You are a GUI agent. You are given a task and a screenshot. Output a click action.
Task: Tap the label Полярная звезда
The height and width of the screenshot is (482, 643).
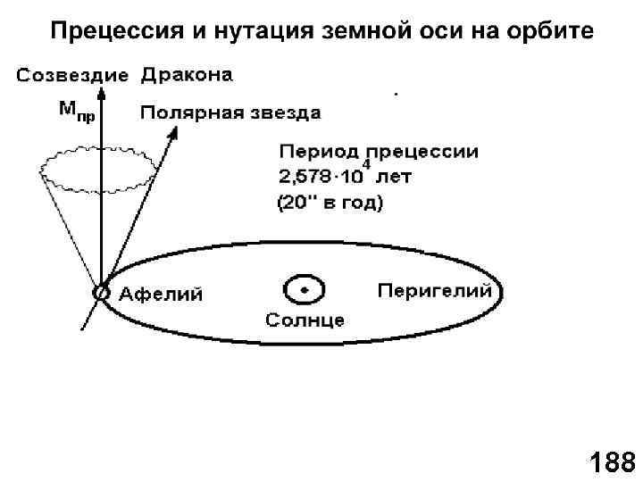tap(230, 113)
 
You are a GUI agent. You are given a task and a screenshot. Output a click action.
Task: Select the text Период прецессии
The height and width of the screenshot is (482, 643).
tap(379, 152)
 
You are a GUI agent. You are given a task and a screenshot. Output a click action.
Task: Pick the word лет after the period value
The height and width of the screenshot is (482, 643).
tap(397, 178)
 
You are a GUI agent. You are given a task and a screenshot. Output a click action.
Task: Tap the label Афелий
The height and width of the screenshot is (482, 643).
tap(162, 294)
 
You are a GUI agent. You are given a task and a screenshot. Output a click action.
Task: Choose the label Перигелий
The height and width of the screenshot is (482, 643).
tap(435, 291)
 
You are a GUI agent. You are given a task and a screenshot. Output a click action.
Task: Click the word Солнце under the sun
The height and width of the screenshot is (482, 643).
tap(305, 320)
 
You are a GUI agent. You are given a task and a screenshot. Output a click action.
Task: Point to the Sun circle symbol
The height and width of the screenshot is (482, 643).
tap(305, 290)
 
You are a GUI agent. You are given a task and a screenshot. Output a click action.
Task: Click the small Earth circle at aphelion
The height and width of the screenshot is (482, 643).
tap(102, 291)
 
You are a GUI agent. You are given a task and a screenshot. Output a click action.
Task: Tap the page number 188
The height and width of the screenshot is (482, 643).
tap(612, 463)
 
